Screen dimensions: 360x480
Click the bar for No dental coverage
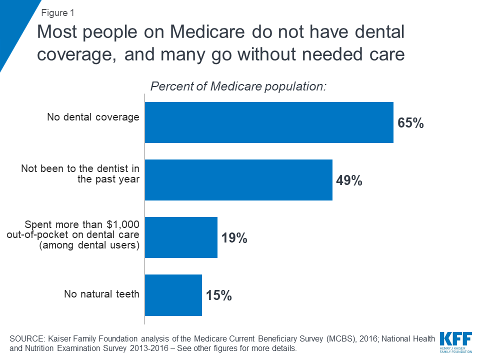[269, 122]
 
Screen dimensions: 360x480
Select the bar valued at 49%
[238, 180]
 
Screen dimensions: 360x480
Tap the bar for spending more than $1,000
[181, 237]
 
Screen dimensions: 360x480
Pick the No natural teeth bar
[173, 295]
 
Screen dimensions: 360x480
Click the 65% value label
[410, 123]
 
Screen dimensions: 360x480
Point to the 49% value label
[348, 180]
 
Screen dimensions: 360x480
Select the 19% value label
[234, 238]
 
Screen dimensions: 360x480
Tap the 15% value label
[218, 295]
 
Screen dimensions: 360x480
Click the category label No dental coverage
[93, 117]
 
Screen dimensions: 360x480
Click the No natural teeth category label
[101, 294]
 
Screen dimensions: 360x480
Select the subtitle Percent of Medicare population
[238, 86]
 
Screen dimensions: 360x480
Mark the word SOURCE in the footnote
[28, 339]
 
